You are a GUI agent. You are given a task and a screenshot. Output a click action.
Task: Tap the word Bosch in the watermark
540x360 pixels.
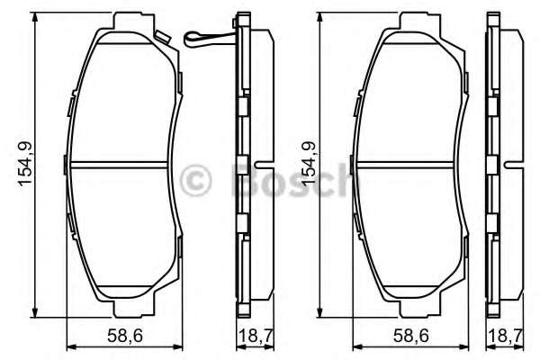pos(288,179)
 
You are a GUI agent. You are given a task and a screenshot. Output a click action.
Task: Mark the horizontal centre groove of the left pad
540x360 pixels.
pos(121,164)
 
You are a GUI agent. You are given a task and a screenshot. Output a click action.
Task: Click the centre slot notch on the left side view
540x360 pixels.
pos(260,165)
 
